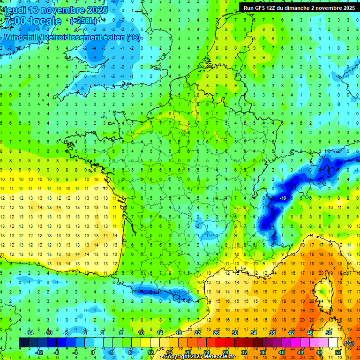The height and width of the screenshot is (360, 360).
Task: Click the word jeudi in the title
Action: pyautogui.click(x=14, y=10)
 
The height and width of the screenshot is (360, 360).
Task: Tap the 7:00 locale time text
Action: pyautogui.click(x=32, y=22)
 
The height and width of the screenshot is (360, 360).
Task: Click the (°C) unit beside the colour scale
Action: pyautogui.click(x=349, y=343)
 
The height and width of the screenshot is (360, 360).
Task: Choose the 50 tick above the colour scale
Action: pyautogui.click(x=328, y=333)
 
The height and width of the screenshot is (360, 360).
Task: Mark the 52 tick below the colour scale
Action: pyautogui.click(x=338, y=352)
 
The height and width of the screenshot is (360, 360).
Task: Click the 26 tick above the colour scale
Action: pyautogui.click(x=216, y=333)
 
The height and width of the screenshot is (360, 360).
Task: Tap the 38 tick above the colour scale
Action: pyautogui.click(x=272, y=333)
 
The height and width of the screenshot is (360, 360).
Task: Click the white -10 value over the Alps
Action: pyautogui.click(x=283, y=199)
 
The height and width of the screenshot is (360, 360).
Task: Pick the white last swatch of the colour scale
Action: pyautogui.click(x=333, y=343)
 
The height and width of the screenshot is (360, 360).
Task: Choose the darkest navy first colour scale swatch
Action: pyautogui.click(x=23, y=343)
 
